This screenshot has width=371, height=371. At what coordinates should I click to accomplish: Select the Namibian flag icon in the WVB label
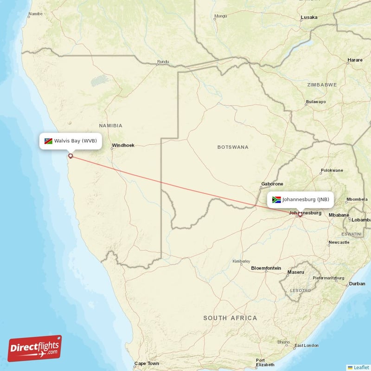(48, 141)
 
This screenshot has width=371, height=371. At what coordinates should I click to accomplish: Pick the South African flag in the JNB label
(276, 200)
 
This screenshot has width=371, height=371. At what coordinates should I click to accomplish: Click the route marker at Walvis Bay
(70, 156)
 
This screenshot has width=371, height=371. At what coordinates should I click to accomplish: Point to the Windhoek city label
(123, 146)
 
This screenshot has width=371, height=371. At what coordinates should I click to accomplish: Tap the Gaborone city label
(272, 184)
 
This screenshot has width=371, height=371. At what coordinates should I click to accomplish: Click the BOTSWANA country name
(233, 147)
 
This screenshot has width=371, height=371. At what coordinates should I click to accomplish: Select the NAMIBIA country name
(110, 126)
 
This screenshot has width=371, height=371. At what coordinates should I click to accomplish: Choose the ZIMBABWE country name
(322, 85)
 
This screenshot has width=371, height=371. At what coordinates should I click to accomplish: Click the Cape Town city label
(147, 364)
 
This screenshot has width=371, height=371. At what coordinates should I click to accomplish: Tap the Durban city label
(357, 283)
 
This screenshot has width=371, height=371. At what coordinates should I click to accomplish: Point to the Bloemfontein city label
(266, 268)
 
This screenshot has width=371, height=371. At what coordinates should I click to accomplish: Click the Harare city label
(355, 60)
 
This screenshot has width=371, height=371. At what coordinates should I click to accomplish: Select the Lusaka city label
(309, 18)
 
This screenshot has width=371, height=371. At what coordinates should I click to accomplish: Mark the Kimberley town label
(241, 261)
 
